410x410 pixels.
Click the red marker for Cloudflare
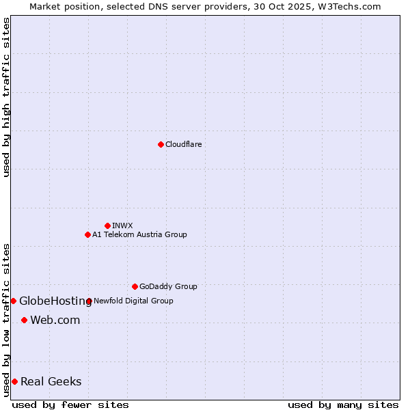click(161, 144)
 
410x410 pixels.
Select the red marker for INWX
click(107, 225)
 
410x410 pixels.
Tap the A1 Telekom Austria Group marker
click(87, 234)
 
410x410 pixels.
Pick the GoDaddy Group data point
click(135, 286)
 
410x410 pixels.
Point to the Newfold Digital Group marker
click(89, 301)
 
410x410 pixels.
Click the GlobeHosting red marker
click(13, 301)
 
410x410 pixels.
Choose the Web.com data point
click(24, 320)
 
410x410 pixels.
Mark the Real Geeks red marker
click(14, 381)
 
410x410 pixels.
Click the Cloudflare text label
click(183, 144)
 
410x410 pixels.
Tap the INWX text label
click(122, 225)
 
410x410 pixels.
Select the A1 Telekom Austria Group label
click(139, 234)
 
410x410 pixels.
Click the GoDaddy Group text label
click(168, 286)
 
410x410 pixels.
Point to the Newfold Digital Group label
click(133, 301)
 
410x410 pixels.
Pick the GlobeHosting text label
click(55, 301)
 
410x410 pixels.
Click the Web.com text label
click(55, 320)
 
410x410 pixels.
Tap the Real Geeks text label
click(51, 381)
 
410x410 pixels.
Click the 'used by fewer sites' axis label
click(70, 405)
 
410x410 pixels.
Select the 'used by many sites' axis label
click(343, 405)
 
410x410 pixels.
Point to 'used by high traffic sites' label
click(6, 97)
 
